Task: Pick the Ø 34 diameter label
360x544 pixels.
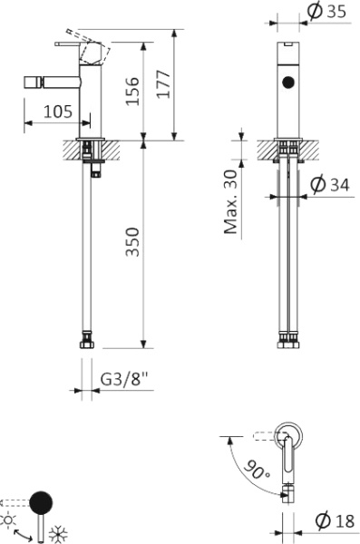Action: pos(329,185)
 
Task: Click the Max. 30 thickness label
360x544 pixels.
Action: pos(232,200)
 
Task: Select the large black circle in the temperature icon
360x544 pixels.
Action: pos(42,501)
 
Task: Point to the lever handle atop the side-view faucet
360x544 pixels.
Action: pos(71,43)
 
